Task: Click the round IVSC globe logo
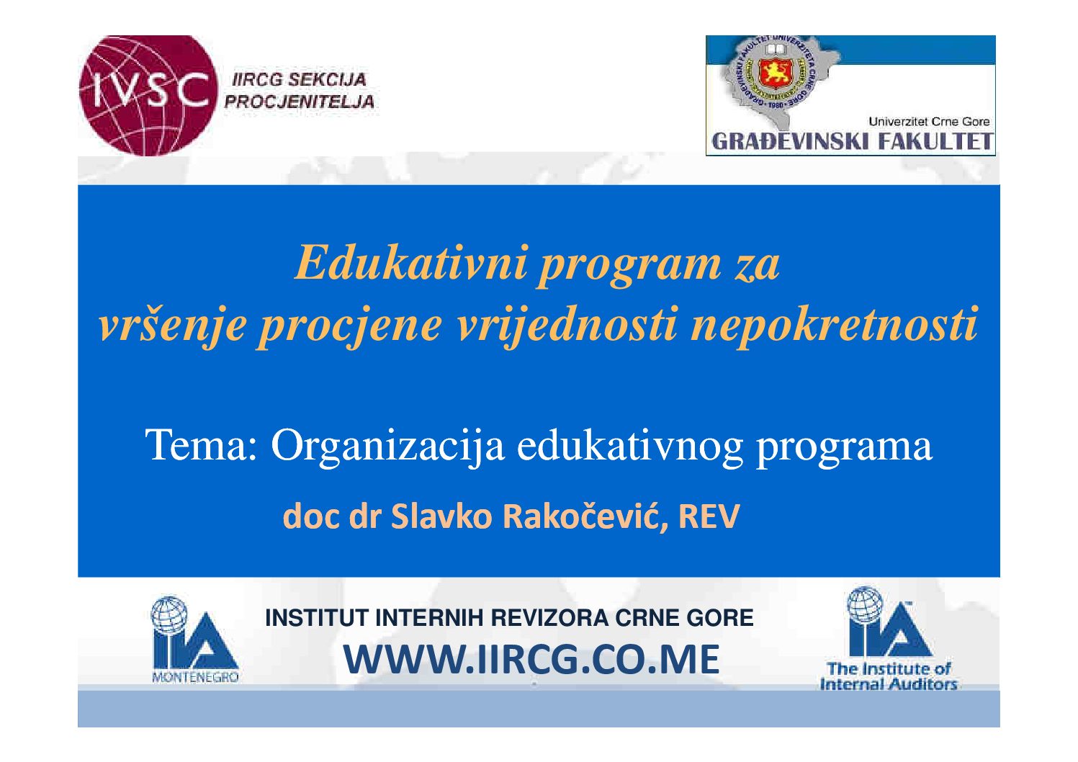[x=147, y=94]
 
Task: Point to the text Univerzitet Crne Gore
[x=928, y=122]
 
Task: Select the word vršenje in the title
[x=171, y=326]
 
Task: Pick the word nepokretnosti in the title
[x=834, y=324]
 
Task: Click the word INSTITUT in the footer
[x=317, y=618]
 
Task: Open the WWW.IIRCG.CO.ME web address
[x=531, y=660]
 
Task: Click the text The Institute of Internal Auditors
[x=889, y=676]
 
